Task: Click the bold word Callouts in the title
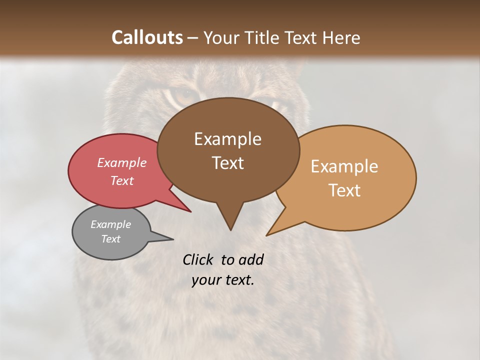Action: click(147, 38)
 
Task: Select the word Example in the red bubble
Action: click(121, 163)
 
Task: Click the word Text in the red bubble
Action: click(121, 181)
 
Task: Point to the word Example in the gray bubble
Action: click(110, 224)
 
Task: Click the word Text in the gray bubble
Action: click(110, 239)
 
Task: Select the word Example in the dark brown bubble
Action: click(227, 139)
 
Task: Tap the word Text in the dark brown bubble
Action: click(227, 163)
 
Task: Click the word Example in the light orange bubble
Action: click(344, 166)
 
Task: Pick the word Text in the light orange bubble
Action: click(344, 190)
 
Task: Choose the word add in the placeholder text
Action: click(251, 260)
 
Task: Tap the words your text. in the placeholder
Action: click(223, 280)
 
